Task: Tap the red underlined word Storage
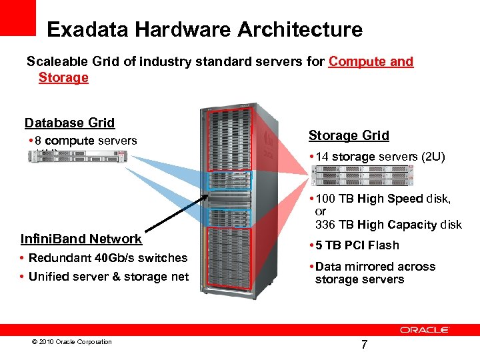click(x=63, y=78)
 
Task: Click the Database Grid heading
click(x=69, y=123)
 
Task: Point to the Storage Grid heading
click(x=349, y=135)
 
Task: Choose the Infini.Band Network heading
click(x=81, y=239)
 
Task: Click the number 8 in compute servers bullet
click(x=39, y=141)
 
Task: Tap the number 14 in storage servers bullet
click(x=323, y=157)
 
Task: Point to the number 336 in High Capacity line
click(x=326, y=225)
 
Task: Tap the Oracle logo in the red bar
click(x=425, y=329)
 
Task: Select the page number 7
click(x=364, y=345)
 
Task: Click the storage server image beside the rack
click(x=363, y=175)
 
